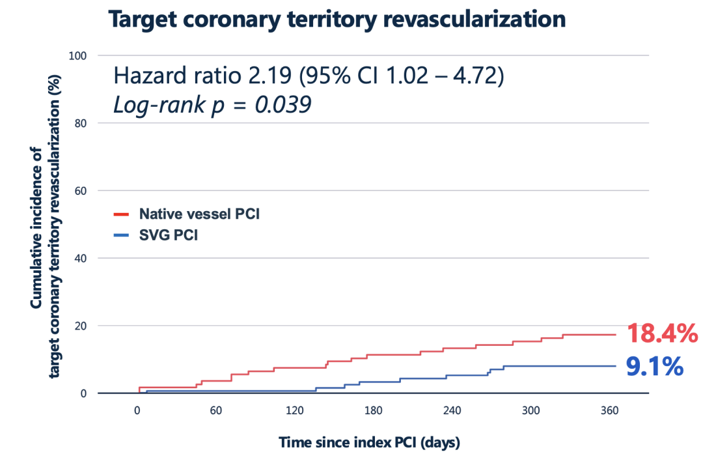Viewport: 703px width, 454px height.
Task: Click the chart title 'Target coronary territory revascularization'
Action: coord(337,20)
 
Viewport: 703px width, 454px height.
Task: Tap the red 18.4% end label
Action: coord(661,334)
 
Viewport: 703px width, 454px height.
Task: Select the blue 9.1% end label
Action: coord(654,367)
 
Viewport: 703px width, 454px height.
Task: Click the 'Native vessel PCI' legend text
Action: coord(199,214)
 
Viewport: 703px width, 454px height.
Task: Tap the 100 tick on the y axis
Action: coord(78,55)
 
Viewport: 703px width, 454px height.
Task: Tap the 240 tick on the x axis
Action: coord(452,410)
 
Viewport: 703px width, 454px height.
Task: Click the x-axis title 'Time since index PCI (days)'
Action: coord(369,443)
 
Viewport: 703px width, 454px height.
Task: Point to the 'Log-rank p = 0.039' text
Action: coord(212,104)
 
